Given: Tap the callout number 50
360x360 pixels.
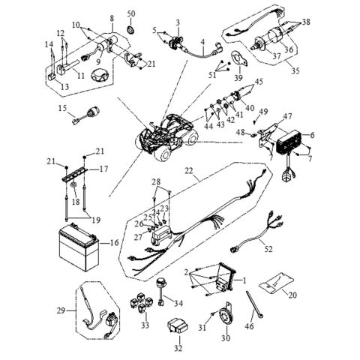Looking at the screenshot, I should coord(132,14).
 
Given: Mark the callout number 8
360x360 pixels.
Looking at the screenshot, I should coord(111,16).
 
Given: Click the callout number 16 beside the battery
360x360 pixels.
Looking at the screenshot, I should coord(115,244).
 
